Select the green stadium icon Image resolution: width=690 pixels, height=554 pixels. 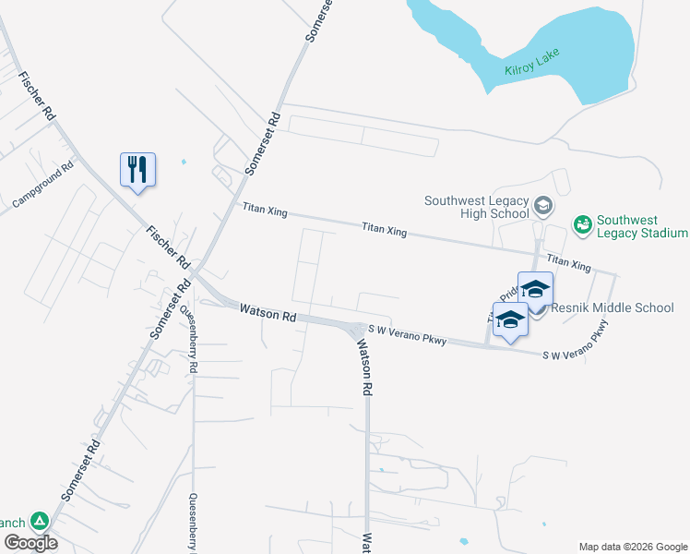click(x=582, y=223)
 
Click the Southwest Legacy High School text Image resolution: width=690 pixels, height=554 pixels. click(x=476, y=208)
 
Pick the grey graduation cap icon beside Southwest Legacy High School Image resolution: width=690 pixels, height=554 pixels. click(x=542, y=205)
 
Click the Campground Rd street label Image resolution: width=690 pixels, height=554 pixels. click(x=42, y=186)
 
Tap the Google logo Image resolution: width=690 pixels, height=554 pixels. click(x=30, y=543)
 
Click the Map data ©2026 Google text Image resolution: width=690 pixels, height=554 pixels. click(x=632, y=547)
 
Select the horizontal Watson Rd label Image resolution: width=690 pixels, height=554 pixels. click(x=268, y=314)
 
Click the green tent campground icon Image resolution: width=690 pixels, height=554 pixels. click(x=39, y=522)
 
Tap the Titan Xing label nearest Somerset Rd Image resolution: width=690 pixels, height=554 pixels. click(x=265, y=211)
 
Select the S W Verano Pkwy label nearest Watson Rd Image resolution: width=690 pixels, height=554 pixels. click(x=408, y=334)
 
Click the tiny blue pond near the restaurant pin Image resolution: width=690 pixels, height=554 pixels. click(x=184, y=163)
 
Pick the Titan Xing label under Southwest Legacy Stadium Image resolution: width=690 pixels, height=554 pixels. click(x=568, y=264)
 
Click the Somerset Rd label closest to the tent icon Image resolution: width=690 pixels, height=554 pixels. click(x=81, y=469)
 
